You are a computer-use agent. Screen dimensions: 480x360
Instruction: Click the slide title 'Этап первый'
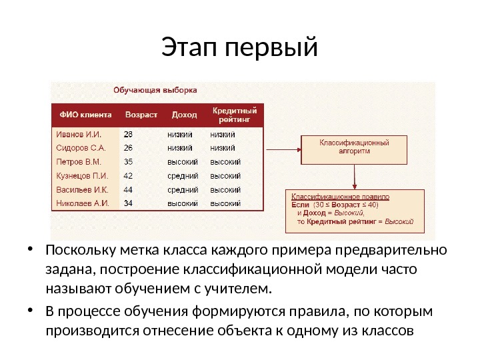(x=240, y=49)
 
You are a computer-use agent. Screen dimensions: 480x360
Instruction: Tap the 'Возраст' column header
(x=141, y=114)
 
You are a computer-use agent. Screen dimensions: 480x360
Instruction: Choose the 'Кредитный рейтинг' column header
(x=234, y=114)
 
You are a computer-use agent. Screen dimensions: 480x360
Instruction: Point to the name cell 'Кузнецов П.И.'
(x=80, y=175)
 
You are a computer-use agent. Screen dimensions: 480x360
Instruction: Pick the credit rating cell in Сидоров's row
(x=223, y=147)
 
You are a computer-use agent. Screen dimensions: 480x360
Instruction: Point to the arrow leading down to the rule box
(x=355, y=176)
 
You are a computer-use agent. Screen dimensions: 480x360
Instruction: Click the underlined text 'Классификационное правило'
(x=339, y=197)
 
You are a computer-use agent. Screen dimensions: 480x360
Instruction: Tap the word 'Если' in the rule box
(x=301, y=205)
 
